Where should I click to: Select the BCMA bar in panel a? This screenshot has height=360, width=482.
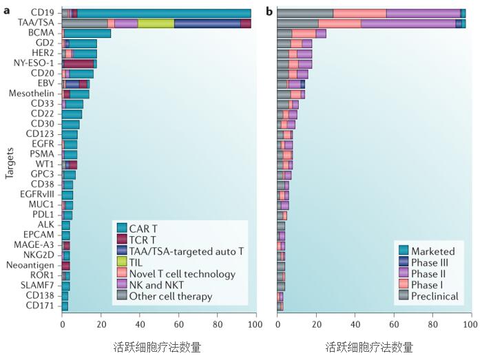(x=87, y=33)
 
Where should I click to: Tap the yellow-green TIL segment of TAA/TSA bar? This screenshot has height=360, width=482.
(x=156, y=23)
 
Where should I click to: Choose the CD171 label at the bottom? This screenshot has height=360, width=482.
(x=43, y=306)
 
